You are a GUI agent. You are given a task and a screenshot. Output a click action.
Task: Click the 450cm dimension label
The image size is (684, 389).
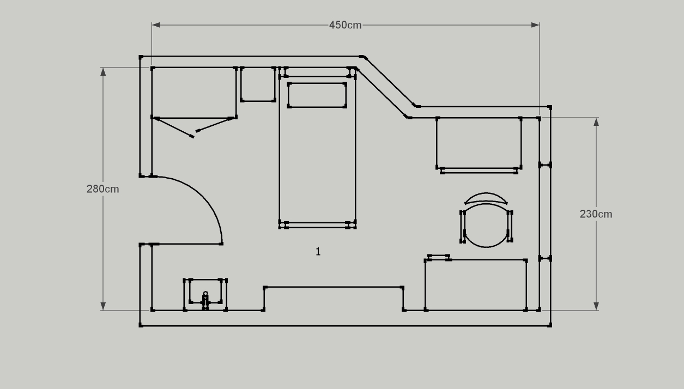click(346, 25)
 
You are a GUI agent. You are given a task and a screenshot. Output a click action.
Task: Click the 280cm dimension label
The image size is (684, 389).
click(102, 189)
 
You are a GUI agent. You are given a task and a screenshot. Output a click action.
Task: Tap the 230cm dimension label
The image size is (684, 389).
click(596, 214)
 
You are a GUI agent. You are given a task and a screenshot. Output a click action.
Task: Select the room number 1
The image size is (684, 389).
click(318, 252)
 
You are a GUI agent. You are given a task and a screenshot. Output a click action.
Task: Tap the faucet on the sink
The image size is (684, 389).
click(205, 300)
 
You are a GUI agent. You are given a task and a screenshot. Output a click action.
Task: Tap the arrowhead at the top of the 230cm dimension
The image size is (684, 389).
click(596, 122)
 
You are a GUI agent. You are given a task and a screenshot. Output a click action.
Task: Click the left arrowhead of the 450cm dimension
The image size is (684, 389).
click(156, 25)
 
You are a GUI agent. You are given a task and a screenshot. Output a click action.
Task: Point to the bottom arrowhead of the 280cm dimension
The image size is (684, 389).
click(103, 306)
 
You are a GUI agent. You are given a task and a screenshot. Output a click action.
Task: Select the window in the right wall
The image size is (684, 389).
click(545, 212)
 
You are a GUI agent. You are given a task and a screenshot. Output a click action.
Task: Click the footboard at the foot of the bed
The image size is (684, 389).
click(317, 225)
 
